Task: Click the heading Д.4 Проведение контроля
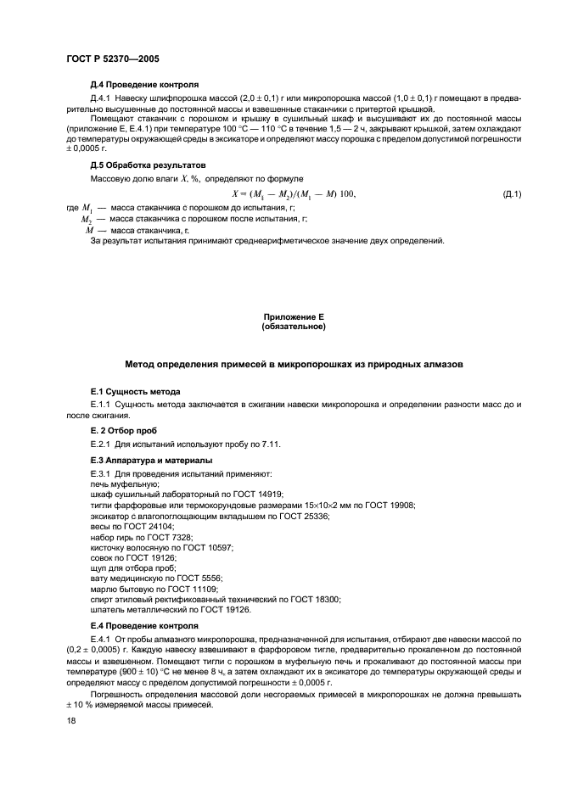(144, 86)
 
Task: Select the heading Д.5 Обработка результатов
(148, 165)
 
